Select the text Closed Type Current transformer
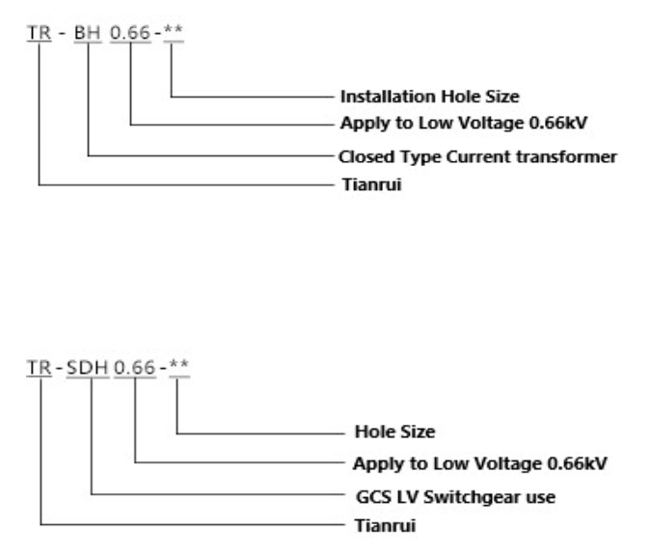pyautogui.click(x=478, y=154)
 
